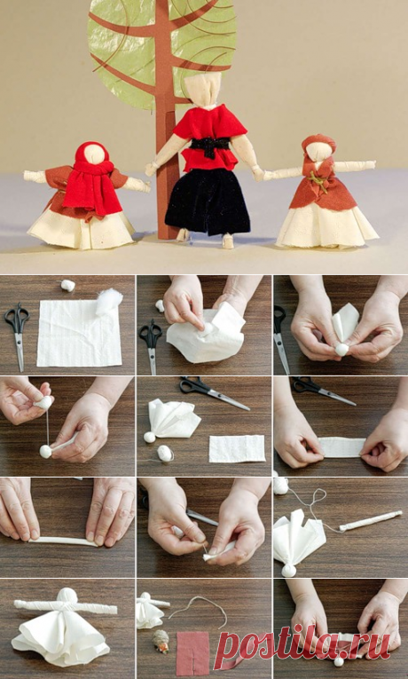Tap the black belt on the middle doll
click(210, 146)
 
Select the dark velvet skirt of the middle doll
click(208, 201)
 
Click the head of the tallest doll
click(202, 89)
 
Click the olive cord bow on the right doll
click(319, 181)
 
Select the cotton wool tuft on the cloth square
click(108, 302)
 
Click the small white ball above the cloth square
click(68, 286)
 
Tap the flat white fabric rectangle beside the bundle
click(237, 448)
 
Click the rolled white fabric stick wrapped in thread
click(371, 520)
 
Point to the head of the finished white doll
click(67, 596)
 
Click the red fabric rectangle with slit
click(192, 653)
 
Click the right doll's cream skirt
click(326, 226)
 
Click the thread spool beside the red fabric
click(161, 641)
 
